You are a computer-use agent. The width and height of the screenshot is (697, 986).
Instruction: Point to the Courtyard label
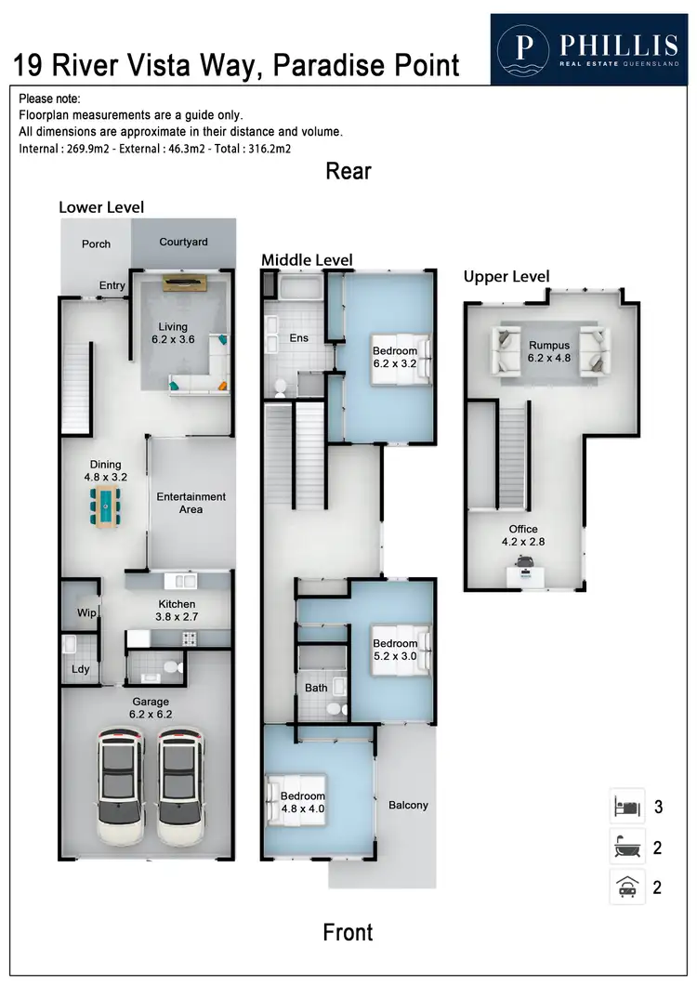(x=183, y=243)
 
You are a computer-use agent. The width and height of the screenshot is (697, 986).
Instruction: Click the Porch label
(x=96, y=244)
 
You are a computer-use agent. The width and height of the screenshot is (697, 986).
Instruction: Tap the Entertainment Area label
(x=191, y=503)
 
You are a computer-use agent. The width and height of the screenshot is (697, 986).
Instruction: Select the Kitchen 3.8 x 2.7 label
(x=176, y=610)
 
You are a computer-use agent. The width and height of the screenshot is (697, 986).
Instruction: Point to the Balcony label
(x=408, y=805)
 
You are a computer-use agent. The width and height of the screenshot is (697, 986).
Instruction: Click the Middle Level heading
(x=307, y=259)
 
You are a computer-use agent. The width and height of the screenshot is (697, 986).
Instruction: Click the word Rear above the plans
(x=348, y=171)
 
